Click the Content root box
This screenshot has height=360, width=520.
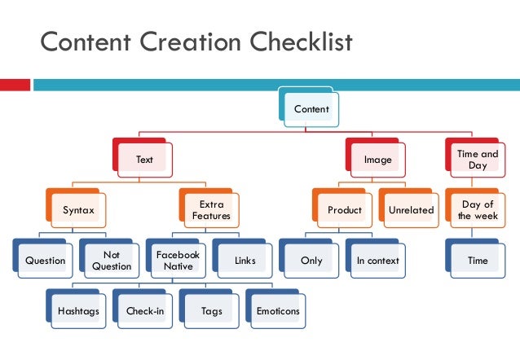coord(312,108)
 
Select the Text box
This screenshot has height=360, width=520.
coord(145,159)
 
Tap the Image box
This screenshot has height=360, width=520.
coord(378,159)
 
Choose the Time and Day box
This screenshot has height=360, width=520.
coord(478,159)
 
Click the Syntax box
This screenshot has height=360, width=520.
coord(79,210)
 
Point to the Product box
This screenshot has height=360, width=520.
coord(345,210)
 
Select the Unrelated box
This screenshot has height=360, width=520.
coord(412,210)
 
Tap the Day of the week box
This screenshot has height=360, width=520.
coord(478,210)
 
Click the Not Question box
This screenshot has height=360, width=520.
coord(112,261)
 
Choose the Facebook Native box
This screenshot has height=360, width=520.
coord(178,261)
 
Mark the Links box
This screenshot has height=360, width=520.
coord(245,261)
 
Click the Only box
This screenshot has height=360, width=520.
coord(311,261)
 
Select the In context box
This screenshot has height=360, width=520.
coord(377,261)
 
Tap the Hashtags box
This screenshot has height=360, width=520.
coord(79,311)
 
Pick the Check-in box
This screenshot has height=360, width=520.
coord(145,311)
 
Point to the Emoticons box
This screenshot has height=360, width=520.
coord(278,311)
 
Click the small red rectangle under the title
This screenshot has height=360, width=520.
coord(15,85)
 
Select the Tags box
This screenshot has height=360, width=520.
coord(211,311)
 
